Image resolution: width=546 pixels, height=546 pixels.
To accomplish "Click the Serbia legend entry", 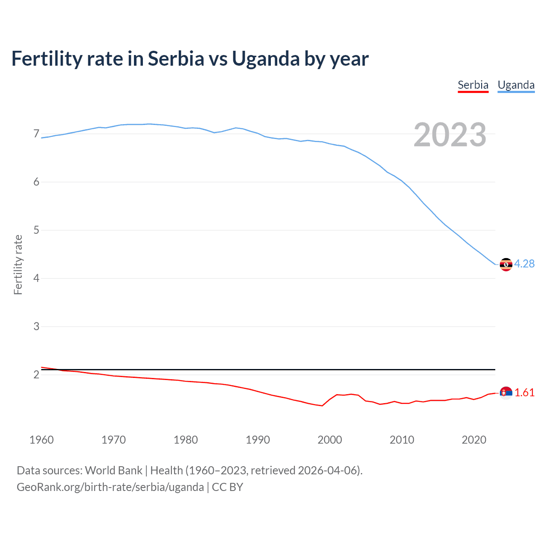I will [473, 85].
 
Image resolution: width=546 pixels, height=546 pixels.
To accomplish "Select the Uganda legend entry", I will [516, 85].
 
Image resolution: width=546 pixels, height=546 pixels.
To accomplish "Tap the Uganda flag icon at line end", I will [506, 264].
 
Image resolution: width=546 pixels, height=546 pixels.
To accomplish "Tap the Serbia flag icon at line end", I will [506, 393].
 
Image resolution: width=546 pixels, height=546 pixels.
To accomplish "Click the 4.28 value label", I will [524, 264].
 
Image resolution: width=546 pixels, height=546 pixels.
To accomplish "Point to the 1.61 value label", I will [524, 393].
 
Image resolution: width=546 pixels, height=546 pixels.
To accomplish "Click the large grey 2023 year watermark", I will [450, 135].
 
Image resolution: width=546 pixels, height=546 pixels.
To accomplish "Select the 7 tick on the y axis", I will [36, 134].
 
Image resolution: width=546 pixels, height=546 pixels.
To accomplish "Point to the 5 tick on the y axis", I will [36, 230].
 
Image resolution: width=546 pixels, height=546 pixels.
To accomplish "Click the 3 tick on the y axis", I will [36, 327].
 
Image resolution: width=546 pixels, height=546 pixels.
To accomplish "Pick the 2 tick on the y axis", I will [36, 375].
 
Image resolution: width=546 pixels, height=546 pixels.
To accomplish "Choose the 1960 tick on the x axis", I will [41, 440].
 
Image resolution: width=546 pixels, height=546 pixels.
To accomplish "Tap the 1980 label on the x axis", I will [186, 440].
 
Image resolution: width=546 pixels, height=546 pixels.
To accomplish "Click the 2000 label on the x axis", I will [330, 440].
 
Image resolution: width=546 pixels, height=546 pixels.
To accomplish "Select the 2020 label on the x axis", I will [474, 440].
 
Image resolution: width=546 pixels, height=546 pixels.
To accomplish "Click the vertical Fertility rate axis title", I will [18, 264].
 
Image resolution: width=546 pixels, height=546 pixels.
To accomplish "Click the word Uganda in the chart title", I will [265, 59].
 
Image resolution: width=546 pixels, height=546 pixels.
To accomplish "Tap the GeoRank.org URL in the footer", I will [110, 487].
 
